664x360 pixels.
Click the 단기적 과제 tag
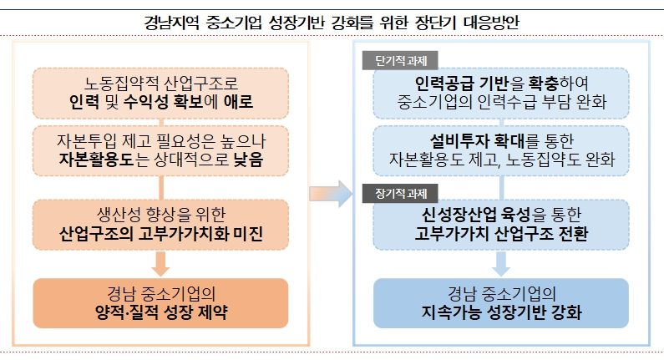(x=400, y=61)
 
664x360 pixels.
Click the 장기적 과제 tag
(x=400, y=194)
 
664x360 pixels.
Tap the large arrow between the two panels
(x=331, y=194)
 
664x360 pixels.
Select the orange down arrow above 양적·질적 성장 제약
(x=160, y=263)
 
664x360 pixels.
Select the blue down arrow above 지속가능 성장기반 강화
(x=501, y=263)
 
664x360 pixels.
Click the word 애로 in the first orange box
(x=238, y=102)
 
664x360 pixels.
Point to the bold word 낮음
(x=248, y=160)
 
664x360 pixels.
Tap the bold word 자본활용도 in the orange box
(x=96, y=160)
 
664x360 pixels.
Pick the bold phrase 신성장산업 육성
(x=475, y=215)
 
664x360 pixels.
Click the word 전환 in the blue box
(x=573, y=233)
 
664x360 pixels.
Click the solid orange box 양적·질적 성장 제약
(x=160, y=303)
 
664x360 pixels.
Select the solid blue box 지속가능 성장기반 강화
(x=501, y=303)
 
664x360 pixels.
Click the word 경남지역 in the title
(x=171, y=22)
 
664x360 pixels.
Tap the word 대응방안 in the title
(x=491, y=22)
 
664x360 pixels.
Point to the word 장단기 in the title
(x=435, y=22)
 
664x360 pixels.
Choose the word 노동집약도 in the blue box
(x=544, y=160)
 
